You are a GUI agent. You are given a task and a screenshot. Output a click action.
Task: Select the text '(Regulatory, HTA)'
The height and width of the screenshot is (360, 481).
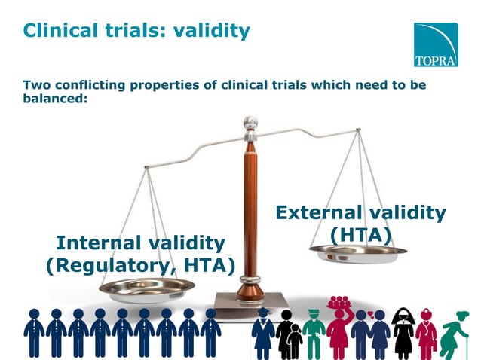(141, 265)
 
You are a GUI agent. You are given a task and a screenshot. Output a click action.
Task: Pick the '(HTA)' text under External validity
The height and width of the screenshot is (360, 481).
(360, 236)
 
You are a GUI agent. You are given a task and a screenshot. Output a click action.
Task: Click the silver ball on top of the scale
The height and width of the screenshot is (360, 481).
(250, 122)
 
